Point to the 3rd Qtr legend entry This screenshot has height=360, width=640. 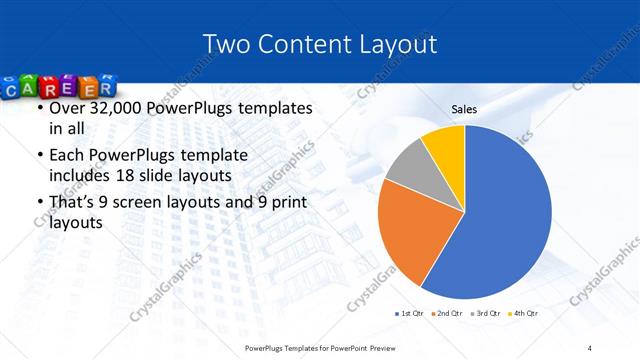coord(485,314)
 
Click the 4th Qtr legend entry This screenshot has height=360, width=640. coord(524,314)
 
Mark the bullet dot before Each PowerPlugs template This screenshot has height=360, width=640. coord(39,156)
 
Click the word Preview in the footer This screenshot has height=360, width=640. coord(388,347)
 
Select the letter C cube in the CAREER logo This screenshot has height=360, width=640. coord(14,92)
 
